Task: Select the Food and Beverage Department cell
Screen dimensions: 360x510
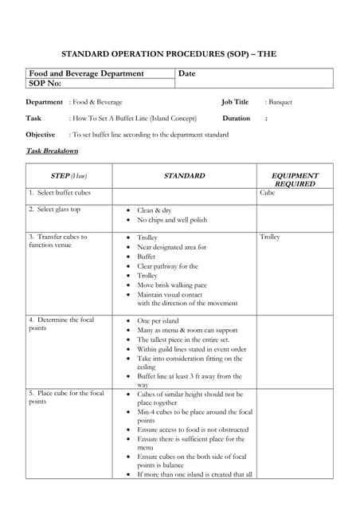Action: point(86,73)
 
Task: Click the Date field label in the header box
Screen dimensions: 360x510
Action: point(187,73)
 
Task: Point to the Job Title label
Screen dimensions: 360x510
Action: point(235,102)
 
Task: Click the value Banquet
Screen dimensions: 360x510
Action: point(280,102)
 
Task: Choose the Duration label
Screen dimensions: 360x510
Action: point(236,118)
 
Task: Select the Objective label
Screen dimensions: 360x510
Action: point(41,135)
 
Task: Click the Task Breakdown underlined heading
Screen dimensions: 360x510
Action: point(52,151)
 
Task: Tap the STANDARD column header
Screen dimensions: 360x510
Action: point(184,175)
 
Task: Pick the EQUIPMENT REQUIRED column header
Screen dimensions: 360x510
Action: point(295,179)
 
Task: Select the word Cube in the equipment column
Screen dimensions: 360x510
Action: point(268,193)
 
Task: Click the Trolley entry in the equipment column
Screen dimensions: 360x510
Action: point(270,237)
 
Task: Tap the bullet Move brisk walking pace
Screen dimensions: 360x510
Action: point(172,284)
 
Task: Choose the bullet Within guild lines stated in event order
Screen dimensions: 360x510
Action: point(192,349)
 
